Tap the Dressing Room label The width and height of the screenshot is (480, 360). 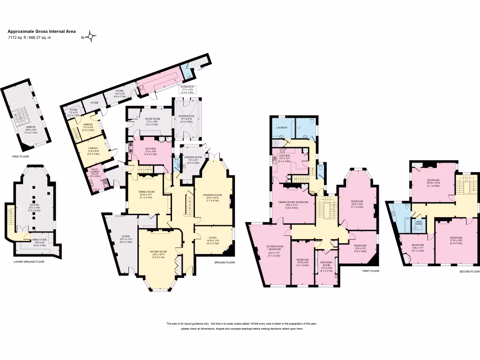(x=326, y=264)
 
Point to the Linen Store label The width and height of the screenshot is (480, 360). (x=419, y=223)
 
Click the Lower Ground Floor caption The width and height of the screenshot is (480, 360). (x=29, y=262)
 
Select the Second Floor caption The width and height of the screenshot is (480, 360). (x=469, y=271)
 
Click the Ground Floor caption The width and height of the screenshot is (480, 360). (x=224, y=262)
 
